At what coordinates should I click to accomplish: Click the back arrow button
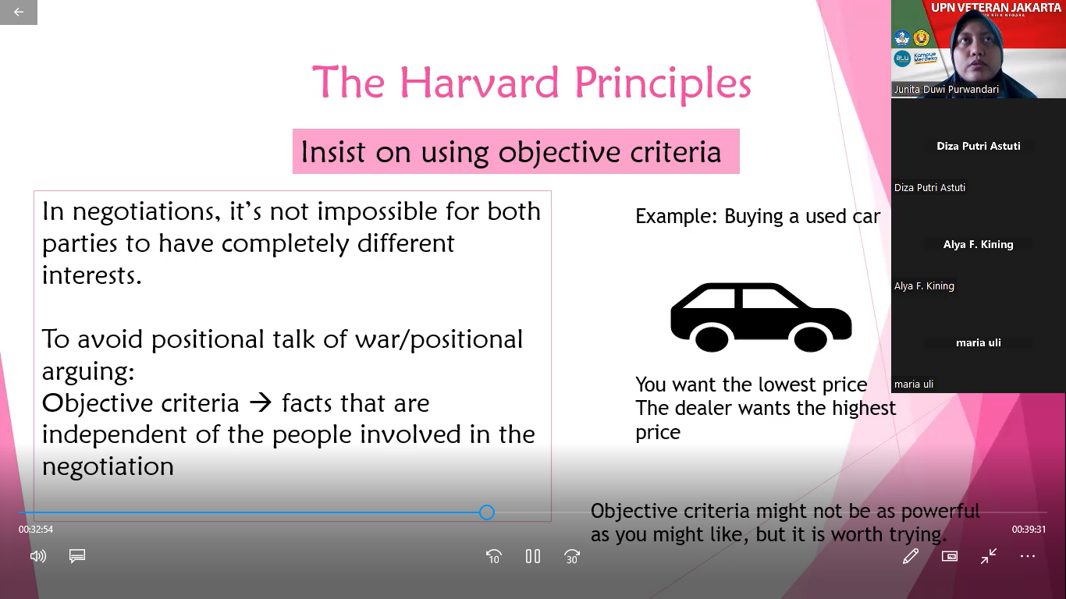tap(19, 12)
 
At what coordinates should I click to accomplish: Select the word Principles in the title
tap(663, 83)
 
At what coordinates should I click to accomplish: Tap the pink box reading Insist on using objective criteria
tap(516, 151)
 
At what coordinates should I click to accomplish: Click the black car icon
tap(761, 317)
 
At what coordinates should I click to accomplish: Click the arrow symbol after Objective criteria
tap(261, 403)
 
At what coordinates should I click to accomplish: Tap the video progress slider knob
tap(487, 512)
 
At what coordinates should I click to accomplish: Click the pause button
tap(532, 556)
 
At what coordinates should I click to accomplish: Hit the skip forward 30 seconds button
tap(571, 556)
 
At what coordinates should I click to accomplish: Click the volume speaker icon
tap(38, 556)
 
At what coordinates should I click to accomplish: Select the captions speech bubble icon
tap(77, 556)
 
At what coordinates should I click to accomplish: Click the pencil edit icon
tap(911, 556)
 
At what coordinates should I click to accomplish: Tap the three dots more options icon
tap(1028, 556)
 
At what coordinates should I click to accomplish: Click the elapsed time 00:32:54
tap(36, 530)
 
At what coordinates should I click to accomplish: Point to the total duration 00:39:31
tap(1029, 530)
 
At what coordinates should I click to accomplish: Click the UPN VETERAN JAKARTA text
tap(996, 7)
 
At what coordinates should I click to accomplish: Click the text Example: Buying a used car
tap(758, 217)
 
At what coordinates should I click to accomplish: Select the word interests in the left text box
tap(92, 275)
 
